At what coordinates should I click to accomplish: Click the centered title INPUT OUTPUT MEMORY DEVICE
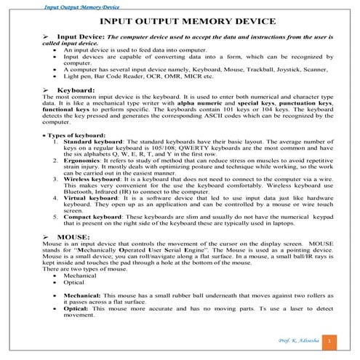[180, 23]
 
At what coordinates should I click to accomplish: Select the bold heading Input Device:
[81, 36]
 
